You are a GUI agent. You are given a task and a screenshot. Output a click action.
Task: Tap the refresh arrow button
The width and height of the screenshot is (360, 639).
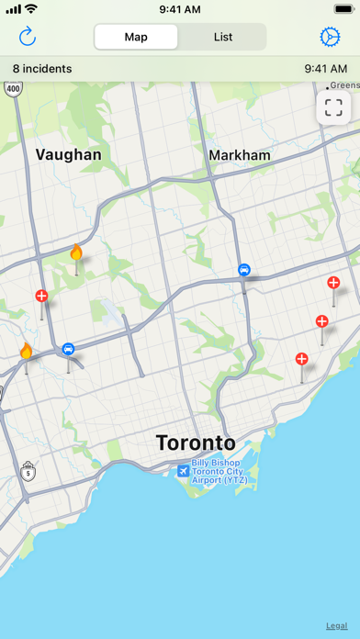[x=28, y=37]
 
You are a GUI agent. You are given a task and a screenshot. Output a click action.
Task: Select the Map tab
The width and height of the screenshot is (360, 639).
[x=136, y=38]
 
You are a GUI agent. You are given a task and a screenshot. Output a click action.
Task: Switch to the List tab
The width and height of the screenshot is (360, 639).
[x=223, y=38]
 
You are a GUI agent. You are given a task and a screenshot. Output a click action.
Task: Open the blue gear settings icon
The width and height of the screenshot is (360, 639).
[x=330, y=37]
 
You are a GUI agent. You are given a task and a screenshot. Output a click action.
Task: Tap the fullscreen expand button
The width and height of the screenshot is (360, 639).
[x=332, y=107]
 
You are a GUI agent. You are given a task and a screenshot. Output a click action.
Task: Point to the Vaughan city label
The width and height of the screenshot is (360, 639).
[x=69, y=155]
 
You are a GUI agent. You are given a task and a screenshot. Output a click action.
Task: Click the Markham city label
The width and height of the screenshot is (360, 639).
[x=240, y=156]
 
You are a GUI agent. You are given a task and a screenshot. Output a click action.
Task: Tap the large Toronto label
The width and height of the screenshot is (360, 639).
[x=196, y=443]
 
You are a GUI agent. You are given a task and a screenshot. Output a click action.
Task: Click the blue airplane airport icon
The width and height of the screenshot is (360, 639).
[x=184, y=470]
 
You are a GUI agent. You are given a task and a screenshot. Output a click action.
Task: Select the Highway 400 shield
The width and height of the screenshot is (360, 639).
[x=13, y=89]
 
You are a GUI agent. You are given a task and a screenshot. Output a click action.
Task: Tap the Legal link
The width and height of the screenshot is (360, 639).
[x=336, y=625]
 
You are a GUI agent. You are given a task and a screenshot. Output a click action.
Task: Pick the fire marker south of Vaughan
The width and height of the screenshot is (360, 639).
[x=76, y=252]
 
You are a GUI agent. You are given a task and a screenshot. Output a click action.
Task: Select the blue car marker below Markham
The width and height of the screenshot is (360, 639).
[x=244, y=270]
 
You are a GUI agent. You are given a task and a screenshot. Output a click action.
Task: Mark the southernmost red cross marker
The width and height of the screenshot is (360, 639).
[x=302, y=359]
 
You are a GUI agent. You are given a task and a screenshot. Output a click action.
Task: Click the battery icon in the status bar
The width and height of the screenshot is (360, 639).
[x=331, y=9]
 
